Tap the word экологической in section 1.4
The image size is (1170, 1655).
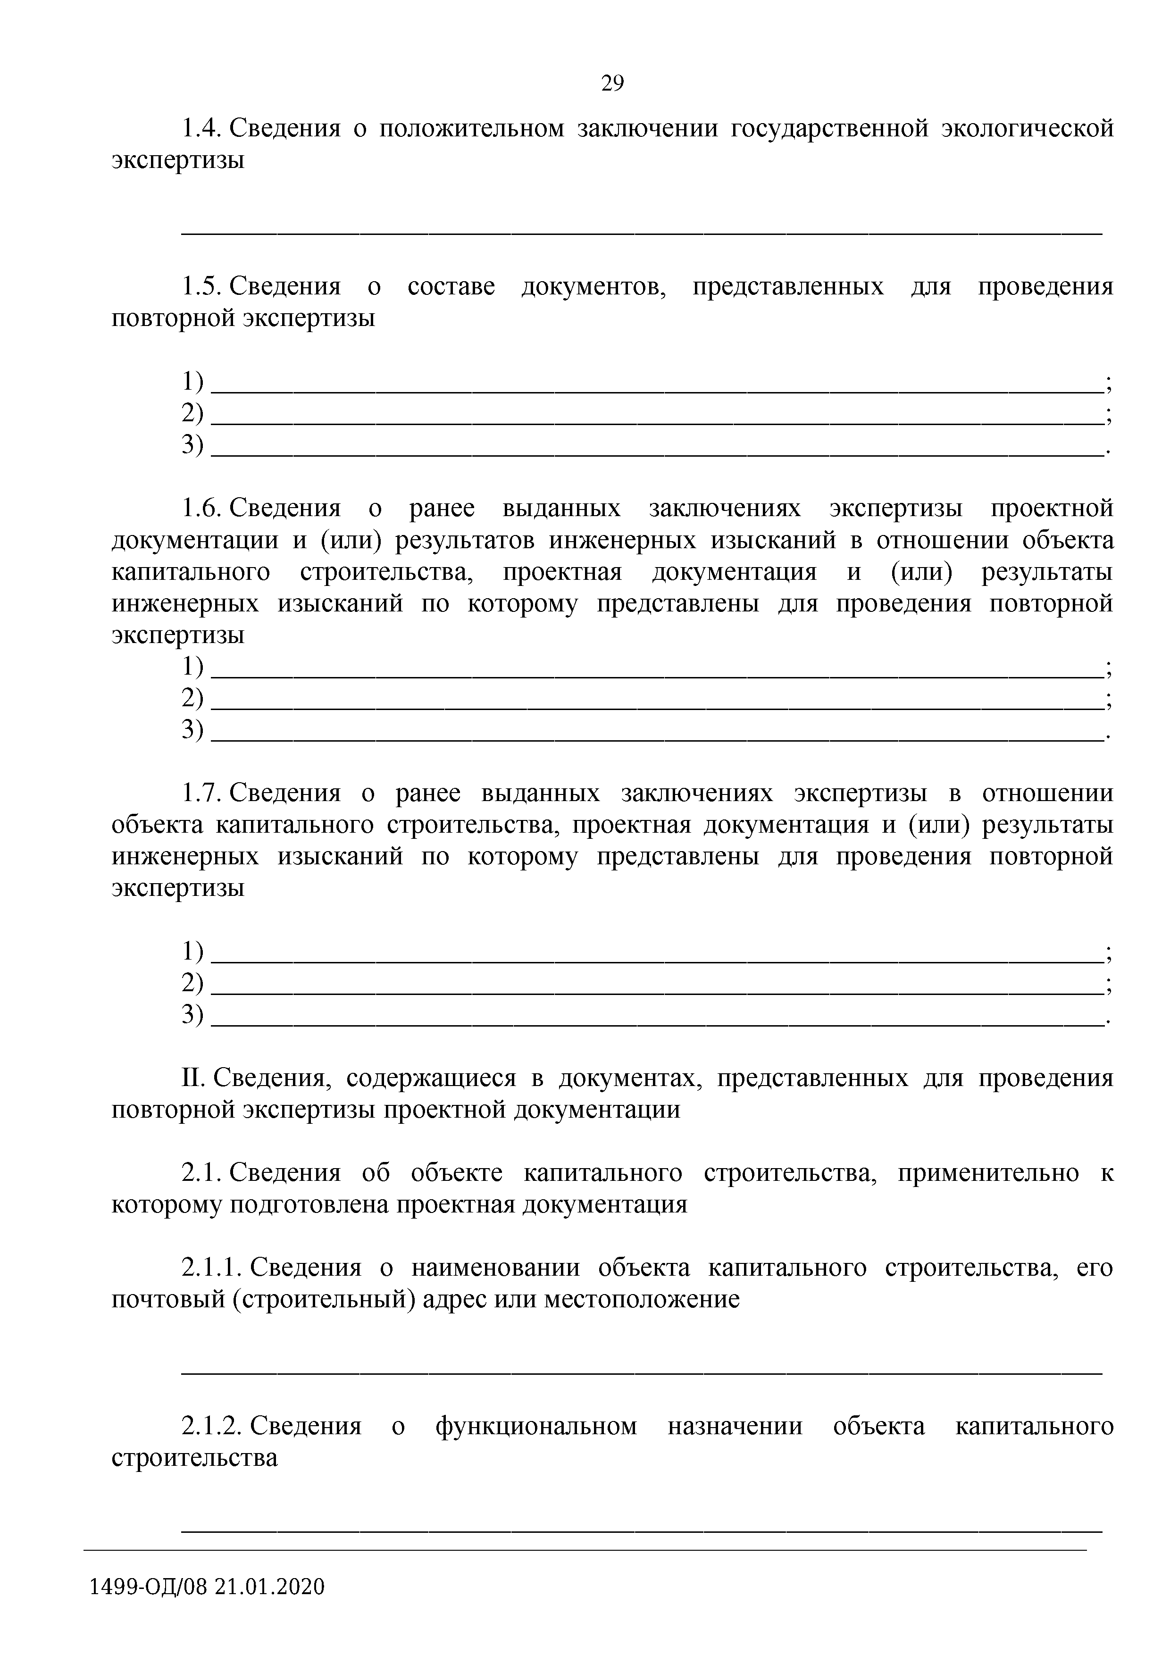(1027, 128)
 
